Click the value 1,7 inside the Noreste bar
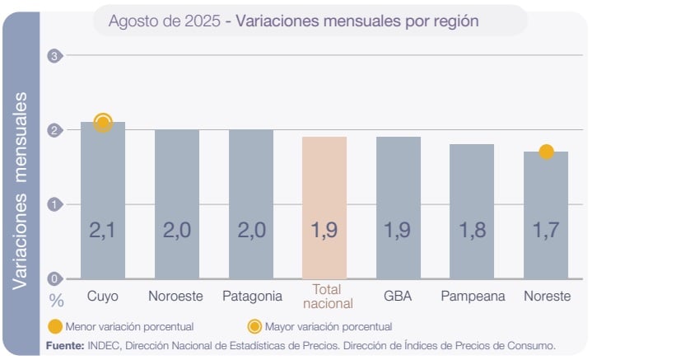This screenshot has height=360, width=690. tap(546, 230)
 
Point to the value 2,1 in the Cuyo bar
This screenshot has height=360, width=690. tap(103, 230)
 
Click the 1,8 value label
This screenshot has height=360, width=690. tap(472, 230)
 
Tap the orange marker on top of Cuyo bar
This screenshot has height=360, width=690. tap(103, 123)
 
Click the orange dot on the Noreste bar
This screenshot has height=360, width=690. tap(546, 152)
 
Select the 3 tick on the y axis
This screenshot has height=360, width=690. tap(55, 56)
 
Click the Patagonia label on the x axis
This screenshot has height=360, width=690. tap(252, 296)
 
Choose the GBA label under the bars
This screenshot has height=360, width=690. tap(398, 296)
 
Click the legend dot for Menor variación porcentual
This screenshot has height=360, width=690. tap(55, 326)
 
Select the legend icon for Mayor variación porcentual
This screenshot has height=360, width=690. tap(254, 326)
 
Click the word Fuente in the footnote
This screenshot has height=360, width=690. tap(64, 345)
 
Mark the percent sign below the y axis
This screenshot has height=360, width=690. tap(56, 298)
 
